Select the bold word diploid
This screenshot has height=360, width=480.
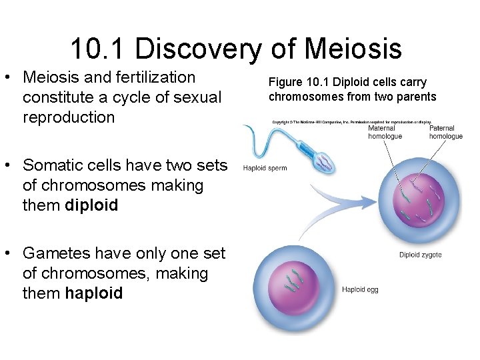click(92, 205)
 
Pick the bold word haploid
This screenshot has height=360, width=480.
click(94, 293)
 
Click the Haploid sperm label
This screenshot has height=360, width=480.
click(265, 168)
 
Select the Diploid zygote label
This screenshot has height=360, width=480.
click(420, 255)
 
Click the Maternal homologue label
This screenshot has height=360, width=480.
click(385, 132)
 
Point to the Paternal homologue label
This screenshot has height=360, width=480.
click(445, 132)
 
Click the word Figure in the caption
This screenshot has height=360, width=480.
click(285, 82)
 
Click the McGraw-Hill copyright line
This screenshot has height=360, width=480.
click(351, 122)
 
